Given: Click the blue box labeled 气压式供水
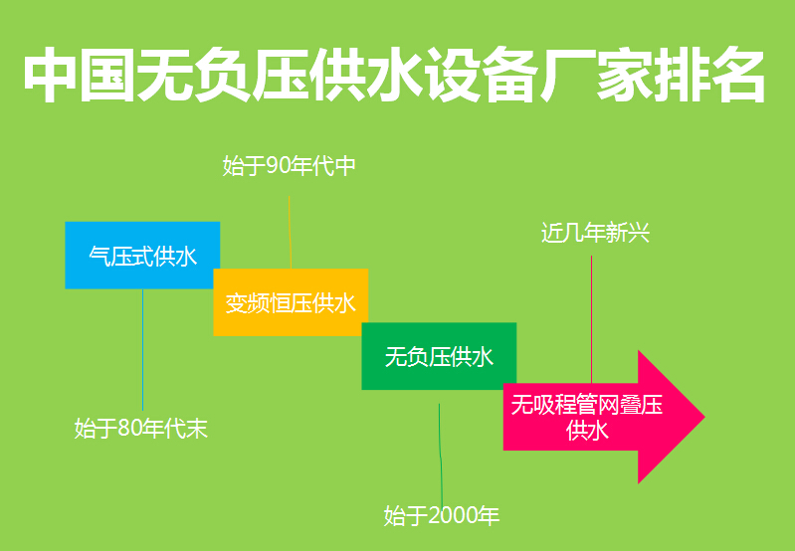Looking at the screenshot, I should [x=142, y=256].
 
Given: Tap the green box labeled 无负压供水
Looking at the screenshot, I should [x=439, y=356].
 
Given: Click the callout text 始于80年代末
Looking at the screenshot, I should [x=141, y=429].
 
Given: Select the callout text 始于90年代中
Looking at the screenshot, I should [x=289, y=166].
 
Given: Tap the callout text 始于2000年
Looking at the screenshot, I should [x=442, y=515].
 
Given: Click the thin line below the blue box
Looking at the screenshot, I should [x=142, y=348].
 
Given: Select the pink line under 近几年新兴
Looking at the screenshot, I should [x=592, y=318].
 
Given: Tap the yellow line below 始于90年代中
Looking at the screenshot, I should [x=290, y=229].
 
